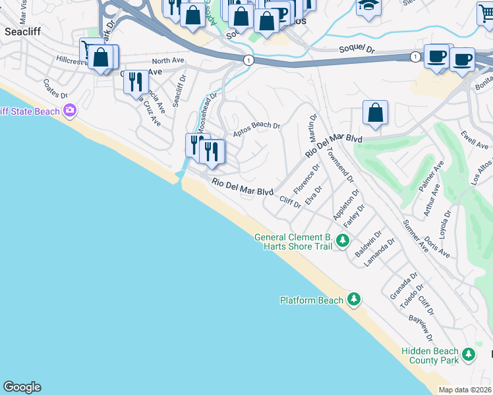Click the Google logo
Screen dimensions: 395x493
tap(22, 387)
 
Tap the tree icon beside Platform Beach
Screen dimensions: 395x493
tap(354, 300)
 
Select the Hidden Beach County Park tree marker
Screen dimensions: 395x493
tap(469, 355)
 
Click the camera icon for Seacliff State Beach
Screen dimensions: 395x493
tap(70, 111)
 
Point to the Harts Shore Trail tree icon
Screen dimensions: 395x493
tap(342, 241)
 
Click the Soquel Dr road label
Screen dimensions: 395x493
tap(357, 49)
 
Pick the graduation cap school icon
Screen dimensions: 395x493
tap(368, 6)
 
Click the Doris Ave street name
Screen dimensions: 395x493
tap(437, 247)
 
